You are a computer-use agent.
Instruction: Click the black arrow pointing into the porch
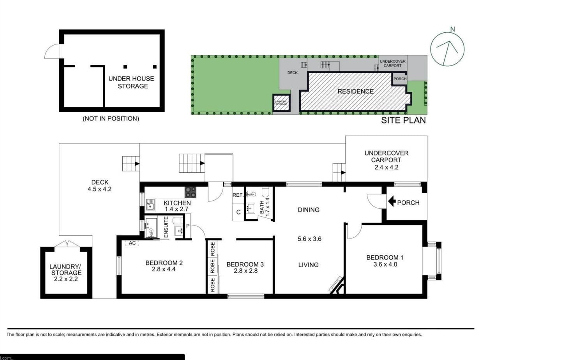(x=392, y=202)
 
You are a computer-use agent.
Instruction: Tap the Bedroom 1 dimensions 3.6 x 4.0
(x=385, y=265)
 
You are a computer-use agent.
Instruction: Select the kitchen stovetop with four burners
(x=190, y=192)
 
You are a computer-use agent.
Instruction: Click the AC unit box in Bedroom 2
(x=132, y=243)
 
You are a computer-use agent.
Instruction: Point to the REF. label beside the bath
(x=238, y=195)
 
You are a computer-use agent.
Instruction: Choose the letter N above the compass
(x=452, y=29)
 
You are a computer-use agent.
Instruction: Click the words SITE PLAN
(x=403, y=120)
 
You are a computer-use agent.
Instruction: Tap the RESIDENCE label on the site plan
(x=355, y=91)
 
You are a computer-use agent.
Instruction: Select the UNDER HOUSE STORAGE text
(x=131, y=82)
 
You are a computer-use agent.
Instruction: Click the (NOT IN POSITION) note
(x=111, y=118)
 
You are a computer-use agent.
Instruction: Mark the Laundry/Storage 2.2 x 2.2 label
(x=66, y=273)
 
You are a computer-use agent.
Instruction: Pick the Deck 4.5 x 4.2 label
(x=100, y=185)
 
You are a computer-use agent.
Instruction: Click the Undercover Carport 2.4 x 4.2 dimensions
(x=387, y=168)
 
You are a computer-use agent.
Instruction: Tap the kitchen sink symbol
(x=150, y=204)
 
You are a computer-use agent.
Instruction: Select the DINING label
(x=309, y=210)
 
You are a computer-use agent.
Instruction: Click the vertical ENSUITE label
(x=166, y=227)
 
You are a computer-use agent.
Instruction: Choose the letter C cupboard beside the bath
(x=238, y=212)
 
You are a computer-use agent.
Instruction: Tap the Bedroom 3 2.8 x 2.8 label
(x=245, y=267)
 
